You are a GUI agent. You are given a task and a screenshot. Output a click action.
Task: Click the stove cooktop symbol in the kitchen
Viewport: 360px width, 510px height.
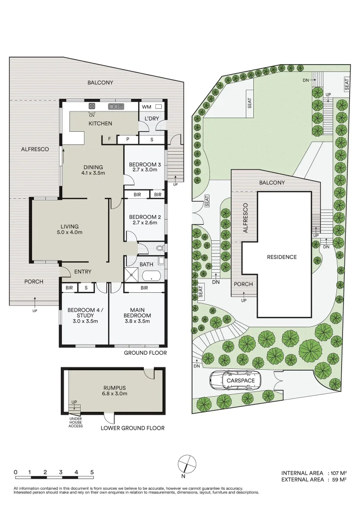click(92, 106)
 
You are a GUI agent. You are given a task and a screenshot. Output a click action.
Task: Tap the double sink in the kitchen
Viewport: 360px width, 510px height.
click(117, 106)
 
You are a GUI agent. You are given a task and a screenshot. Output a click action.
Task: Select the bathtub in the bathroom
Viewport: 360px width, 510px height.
click(151, 276)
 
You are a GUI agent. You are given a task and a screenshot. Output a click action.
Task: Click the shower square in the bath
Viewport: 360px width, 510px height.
click(132, 275)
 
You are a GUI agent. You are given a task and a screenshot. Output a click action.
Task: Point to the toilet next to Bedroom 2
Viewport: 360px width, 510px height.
click(159, 248)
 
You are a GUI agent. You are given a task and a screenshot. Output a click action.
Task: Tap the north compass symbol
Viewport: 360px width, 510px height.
click(187, 464)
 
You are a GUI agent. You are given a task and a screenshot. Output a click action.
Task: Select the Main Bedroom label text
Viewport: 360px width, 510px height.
click(137, 313)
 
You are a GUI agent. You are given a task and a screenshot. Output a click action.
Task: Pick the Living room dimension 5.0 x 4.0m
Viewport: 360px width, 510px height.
click(69, 232)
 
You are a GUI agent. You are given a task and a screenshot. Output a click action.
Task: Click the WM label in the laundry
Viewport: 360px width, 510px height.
click(147, 107)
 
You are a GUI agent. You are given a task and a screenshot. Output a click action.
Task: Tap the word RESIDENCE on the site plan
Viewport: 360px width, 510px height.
click(282, 257)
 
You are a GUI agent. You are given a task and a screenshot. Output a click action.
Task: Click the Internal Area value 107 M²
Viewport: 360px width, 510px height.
click(339, 473)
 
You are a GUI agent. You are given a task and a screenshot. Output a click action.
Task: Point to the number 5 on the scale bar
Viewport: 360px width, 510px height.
click(92, 472)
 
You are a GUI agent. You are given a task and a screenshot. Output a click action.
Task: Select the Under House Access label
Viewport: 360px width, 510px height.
click(75, 422)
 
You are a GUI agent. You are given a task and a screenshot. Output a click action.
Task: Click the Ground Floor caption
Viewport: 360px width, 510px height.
click(145, 353)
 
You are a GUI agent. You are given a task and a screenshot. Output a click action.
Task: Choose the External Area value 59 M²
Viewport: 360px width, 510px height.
click(339, 479)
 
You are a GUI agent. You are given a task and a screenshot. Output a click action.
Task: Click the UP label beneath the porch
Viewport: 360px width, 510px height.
click(35, 311)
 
